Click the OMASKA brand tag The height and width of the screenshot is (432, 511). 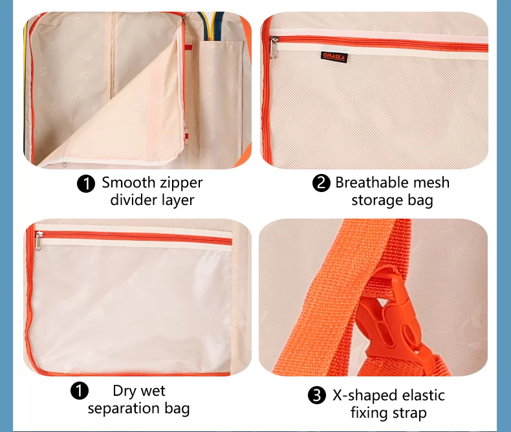click(x=334, y=57)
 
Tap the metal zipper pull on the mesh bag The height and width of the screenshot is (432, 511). click(x=274, y=48)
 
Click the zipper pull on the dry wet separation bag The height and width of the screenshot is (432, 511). click(x=39, y=241)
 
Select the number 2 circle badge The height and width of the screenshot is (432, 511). click(x=321, y=183)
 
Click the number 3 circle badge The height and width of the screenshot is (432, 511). click(x=317, y=395)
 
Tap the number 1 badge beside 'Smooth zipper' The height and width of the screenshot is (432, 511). click(x=86, y=184)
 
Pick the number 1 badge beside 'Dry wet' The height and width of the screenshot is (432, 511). click(x=80, y=391)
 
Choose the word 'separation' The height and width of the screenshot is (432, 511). click(x=124, y=409)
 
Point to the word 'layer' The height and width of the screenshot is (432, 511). click(x=178, y=200)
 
